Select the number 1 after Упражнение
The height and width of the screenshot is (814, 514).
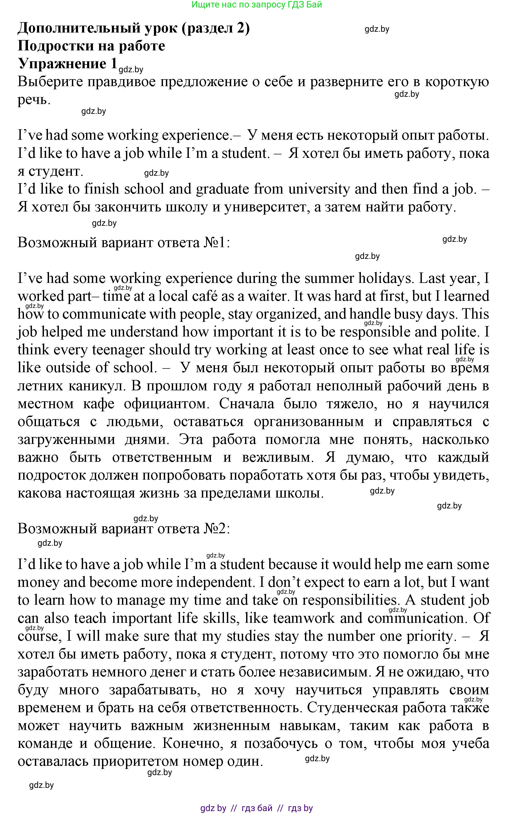113,63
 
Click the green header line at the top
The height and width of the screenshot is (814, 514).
257,5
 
